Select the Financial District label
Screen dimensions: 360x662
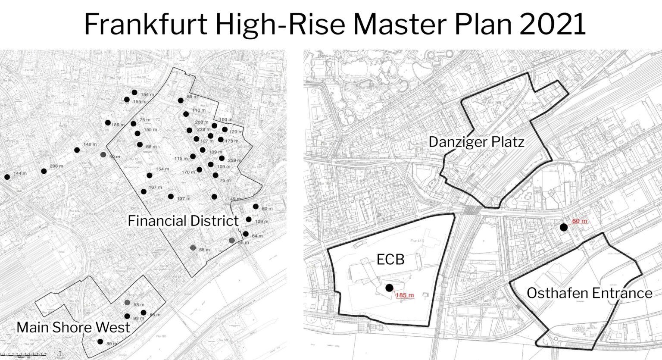click(x=183, y=221)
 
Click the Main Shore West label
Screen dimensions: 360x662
click(x=73, y=327)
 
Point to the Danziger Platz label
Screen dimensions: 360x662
click(x=476, y=142)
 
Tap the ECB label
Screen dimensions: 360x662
click(x=390, y=260)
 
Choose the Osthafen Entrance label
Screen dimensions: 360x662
click(x=589, y=293)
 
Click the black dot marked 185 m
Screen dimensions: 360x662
click(x=389, y=288)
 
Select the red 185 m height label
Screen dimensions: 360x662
click(x=404, y=296)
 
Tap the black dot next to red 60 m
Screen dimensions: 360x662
click(x=563, y=227)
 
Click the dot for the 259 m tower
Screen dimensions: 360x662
click(x=222, y=158)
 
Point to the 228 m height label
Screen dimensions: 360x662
click(x=204, y=129)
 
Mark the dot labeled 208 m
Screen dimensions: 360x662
click(x=44, y=171)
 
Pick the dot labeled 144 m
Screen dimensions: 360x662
click(x=7, y=177)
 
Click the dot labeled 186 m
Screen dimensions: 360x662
click(x=108, y=122)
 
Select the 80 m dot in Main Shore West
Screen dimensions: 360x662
click(x=100, y=342)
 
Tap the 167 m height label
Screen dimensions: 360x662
click(x=155, y=188)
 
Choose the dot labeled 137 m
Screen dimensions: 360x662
click(x=171, y=197)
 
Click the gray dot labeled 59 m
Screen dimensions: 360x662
click(x=103, y=154)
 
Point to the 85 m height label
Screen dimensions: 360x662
click(x=192, y=97)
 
